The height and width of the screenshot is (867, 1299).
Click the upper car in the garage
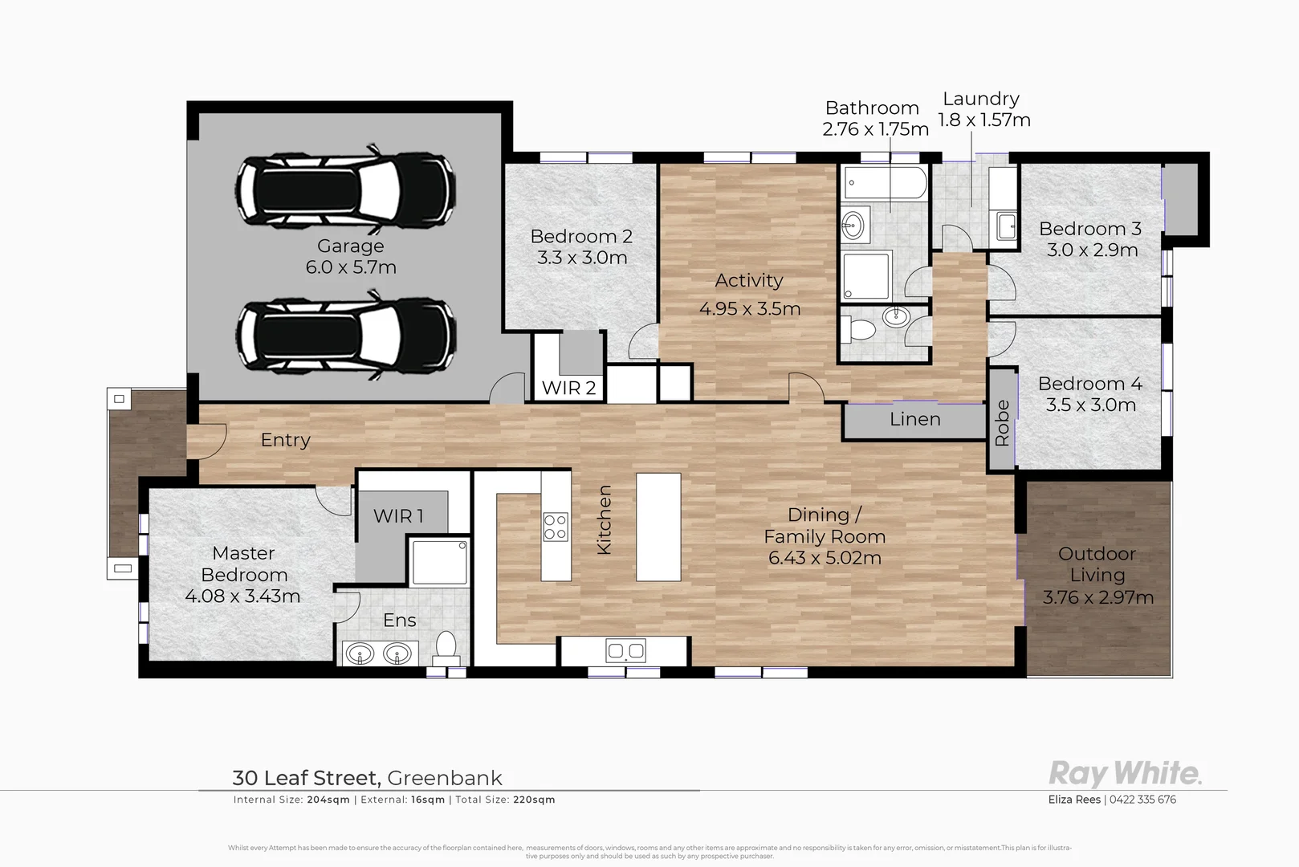346,189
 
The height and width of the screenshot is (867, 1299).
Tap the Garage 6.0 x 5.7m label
351,257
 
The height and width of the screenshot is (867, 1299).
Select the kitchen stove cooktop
556,527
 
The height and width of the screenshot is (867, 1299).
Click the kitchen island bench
658,527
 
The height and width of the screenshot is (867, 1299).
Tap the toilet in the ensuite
446,645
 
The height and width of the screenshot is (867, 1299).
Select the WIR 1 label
398,516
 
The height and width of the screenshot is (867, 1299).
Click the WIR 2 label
568,389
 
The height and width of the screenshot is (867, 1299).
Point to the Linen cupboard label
914,419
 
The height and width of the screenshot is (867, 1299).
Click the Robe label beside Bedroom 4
1002,422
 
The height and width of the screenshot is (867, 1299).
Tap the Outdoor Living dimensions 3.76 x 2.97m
1097,597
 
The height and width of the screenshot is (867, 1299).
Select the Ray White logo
1125,774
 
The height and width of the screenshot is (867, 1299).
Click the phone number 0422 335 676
1143,800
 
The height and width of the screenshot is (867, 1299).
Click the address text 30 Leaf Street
305,778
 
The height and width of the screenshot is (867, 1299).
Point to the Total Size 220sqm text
505,800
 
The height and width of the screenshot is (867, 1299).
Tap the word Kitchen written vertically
605,519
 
